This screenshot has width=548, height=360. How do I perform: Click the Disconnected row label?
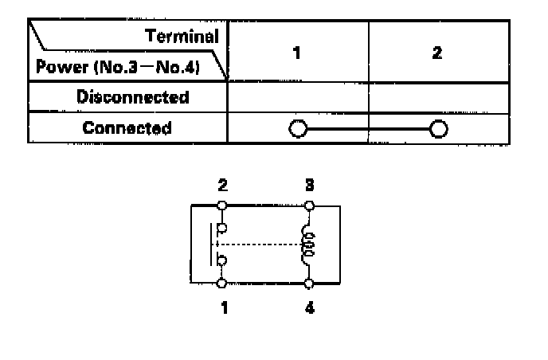click(x=133, y=98)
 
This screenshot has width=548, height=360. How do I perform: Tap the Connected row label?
click(x=127, y=127)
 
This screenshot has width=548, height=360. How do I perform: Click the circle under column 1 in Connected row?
click(x=297, y=128)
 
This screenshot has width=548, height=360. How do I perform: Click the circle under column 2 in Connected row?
click(x=437, y=128)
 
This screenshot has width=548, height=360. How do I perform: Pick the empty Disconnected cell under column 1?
click(x=297, y=98)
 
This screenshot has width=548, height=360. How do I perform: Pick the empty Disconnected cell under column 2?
click(x=438, y=98)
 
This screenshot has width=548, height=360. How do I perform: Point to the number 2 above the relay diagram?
click(x=222, y=186)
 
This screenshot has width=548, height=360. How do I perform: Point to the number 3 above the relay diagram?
click(x=309, y=186)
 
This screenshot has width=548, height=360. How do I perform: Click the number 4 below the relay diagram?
click(x=309, y=306)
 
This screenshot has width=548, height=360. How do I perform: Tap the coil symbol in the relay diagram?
click(x=308, y=245)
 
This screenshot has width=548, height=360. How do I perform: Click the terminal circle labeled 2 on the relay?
click(x=222, y=205)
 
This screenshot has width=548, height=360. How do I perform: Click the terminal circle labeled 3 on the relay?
click(x=309, y=205)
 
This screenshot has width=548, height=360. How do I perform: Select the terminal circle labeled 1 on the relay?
click(x=222, y=284)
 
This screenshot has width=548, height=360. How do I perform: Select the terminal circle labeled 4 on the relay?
click(x=309, y=284)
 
